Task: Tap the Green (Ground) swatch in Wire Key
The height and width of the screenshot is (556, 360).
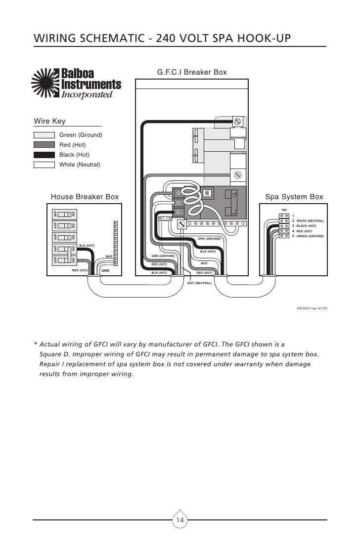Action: (x=44, y=135)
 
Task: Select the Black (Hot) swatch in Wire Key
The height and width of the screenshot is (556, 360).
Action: (x=44, y=155)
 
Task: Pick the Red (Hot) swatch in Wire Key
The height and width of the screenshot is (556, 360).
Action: (x=44, y=145)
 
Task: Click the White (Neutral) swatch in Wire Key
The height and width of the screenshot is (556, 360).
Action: (x=44, y=165)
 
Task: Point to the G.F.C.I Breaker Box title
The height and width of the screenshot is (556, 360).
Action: (x=192, y=73)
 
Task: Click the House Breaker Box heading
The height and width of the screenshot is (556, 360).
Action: (x=85, y=197)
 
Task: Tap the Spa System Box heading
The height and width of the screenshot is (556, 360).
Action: (x=294, y=197)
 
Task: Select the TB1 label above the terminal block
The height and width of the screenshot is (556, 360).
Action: (x=284, y=210)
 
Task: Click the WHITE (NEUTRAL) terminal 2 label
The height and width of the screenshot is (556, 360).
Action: (x=310, y=221)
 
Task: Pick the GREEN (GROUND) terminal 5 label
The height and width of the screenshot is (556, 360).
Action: (x=310, y=236)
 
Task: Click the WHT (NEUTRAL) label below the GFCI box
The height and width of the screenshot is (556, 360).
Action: (x=199, y=284)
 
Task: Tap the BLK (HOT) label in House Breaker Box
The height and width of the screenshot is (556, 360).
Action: (x=87, y=246)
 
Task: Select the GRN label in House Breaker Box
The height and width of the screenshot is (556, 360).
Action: (x=105, y=271)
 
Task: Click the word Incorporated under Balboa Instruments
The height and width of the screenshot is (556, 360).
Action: (x=84, y=94)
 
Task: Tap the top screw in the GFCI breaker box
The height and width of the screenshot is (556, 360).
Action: (x=238, y=121)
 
